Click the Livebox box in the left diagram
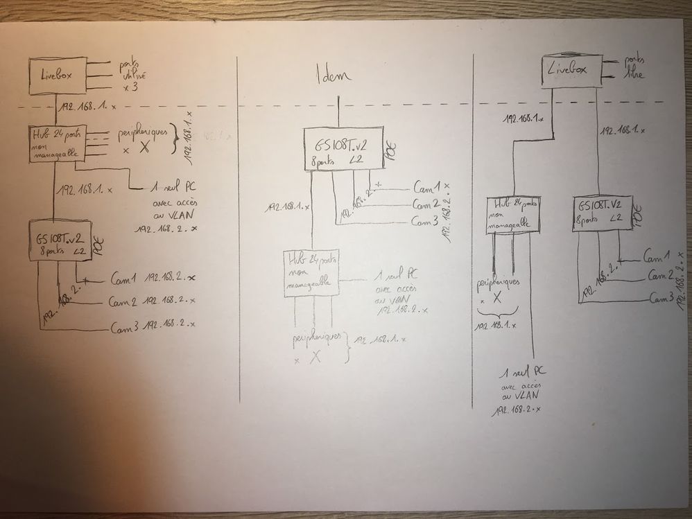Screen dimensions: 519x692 click(57, 76)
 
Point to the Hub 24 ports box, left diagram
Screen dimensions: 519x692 click(57, 143)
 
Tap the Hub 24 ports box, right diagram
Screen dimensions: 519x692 click(513, 213)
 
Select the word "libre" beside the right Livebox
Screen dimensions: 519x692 click(634, 73)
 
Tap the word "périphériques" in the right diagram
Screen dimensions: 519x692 click(498, 284)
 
